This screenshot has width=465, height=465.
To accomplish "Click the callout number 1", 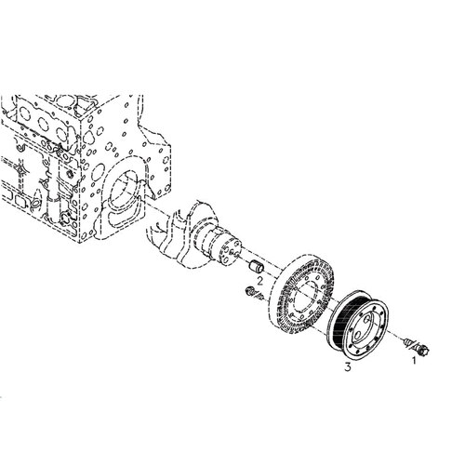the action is (413, 360).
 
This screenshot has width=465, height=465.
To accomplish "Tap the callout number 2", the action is (259, 281).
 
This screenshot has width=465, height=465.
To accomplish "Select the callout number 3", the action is (348, 367).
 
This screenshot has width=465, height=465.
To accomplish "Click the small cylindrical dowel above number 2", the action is (257, 267).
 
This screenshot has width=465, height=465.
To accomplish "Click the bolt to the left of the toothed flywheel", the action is (253, 293).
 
